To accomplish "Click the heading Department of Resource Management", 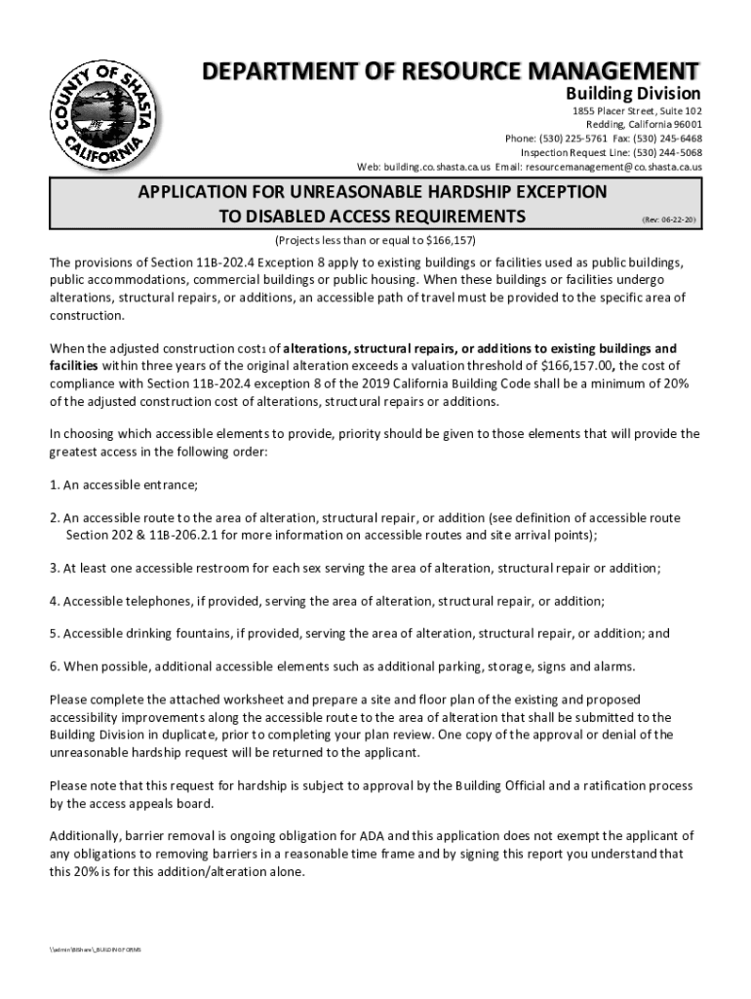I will tap(450, 71).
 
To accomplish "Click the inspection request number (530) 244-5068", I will tap(665, 152).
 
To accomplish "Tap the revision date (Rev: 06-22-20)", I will tap(668, 220).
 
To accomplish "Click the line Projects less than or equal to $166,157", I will tap(375, 240).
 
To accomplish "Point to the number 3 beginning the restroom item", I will tap(54, 568).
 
